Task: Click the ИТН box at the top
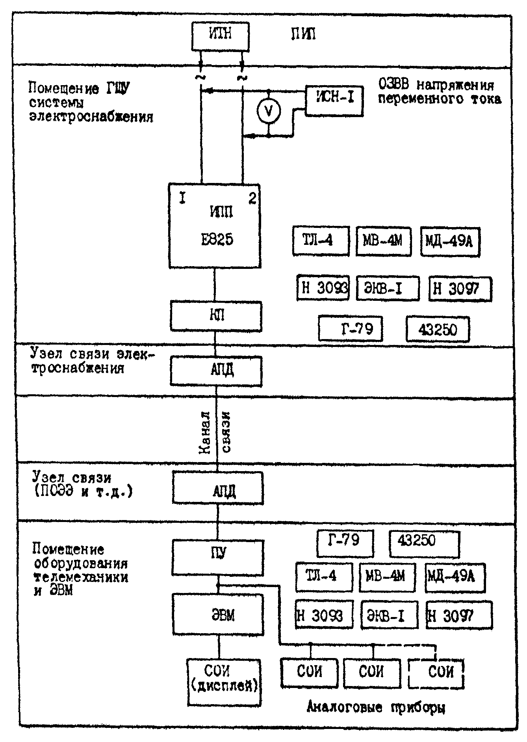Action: tap(221, 36)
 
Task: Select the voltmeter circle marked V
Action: tap(269, 112)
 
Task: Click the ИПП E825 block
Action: tap(215, 226)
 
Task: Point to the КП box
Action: tap(216, 316)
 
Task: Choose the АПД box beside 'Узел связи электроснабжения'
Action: tap(216, 371)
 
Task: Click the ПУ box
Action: tap(218, 557)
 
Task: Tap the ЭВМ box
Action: tap(218, 614)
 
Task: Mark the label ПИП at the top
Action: tap(303, 34)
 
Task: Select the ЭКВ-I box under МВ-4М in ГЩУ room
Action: tap(388, 289)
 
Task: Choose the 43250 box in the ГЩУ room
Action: tap(438, 329)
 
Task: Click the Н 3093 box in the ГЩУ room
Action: tap(323, 289)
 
